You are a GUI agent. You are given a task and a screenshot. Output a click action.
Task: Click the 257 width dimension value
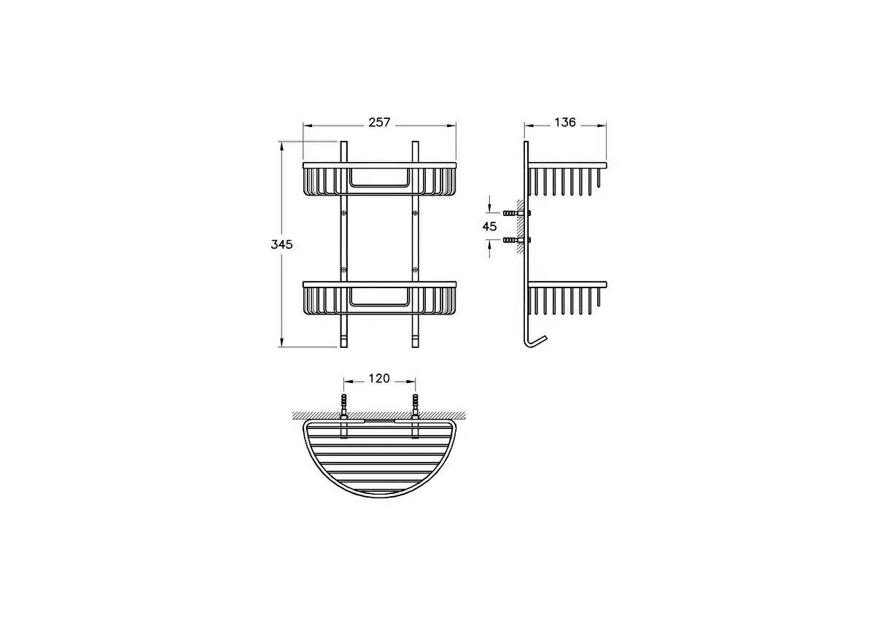pos(379,123)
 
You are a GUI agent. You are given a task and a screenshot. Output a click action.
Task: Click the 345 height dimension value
pos(281,244)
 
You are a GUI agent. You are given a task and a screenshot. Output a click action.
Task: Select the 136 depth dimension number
pos(565,123)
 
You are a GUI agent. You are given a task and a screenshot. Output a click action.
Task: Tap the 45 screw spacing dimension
pos(489,226)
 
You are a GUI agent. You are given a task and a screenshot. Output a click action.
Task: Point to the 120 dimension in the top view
pos(379,379)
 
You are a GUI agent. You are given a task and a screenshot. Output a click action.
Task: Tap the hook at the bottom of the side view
pos(534,342)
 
